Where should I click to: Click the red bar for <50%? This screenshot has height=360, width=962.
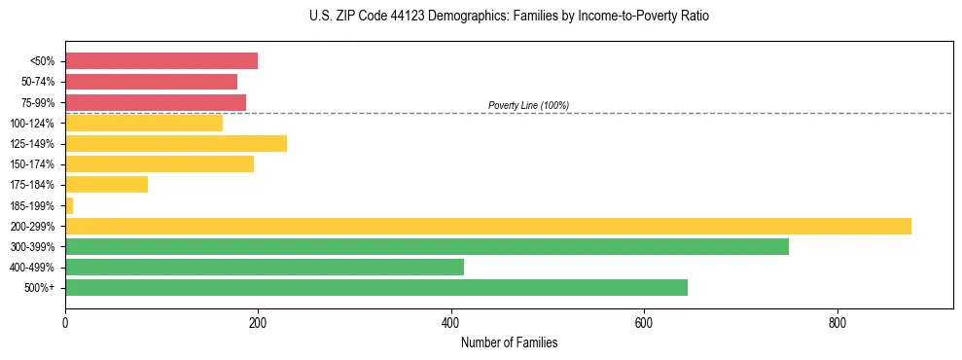coord(161,61)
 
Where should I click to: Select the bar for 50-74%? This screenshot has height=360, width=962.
coord(151,82)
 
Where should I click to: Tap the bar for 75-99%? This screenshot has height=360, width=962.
coord(156,102)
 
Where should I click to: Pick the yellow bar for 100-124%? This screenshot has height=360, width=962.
coord(144,123)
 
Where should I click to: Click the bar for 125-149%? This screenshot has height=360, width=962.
coord(176,143)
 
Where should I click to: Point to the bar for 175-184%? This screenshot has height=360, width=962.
coord(106,184)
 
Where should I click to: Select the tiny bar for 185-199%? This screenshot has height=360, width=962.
coord(69,205)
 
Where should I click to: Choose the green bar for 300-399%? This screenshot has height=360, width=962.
coord(427,246)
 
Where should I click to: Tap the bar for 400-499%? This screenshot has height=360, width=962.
coord(265,267)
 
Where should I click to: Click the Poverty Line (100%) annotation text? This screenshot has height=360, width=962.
coord(528,105)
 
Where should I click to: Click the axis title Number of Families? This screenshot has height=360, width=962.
coord(509,342)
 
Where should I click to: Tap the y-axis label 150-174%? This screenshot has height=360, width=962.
coord(32,164)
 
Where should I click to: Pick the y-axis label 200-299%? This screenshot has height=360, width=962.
coord(32,226)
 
